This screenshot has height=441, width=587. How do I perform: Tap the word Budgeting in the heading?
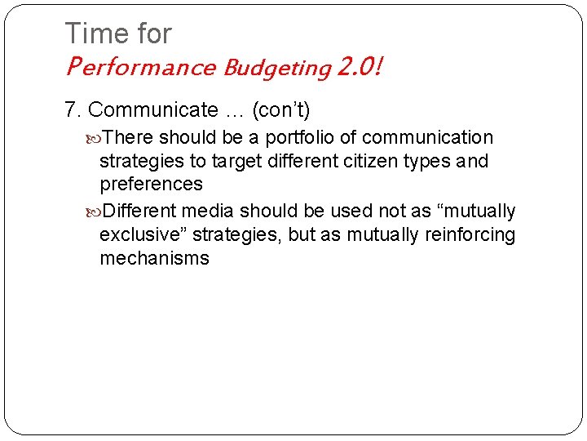point(275,67)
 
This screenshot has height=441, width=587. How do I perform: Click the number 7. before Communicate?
point(73,109)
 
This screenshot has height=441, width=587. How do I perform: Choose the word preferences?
point(151,185)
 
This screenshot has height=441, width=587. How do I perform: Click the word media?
point(208,211)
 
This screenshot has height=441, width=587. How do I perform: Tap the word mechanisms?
point(154,259)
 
